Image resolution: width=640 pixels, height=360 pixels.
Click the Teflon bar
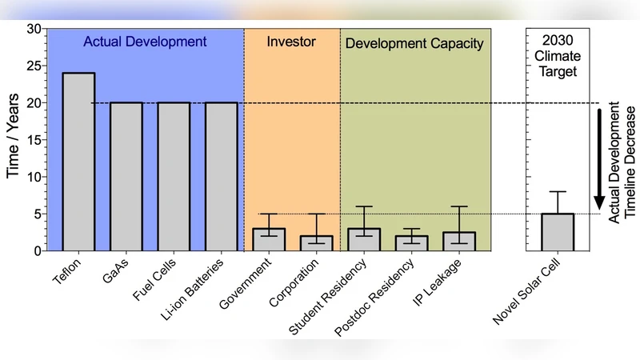click(79, 162)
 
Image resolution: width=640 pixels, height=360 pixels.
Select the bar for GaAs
click(126, 176)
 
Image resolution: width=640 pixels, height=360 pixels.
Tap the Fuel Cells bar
click(174, 176)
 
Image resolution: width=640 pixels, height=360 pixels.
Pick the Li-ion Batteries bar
click(222, 176)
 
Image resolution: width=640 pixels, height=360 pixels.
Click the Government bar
click(269, 239)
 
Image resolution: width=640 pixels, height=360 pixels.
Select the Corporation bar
click(317, 243)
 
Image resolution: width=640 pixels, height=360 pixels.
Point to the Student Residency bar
click(364, 239)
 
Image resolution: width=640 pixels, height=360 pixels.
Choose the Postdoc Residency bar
click(412, 243)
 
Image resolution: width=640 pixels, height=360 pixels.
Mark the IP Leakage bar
click(459, 242)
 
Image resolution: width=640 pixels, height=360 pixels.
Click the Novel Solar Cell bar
click(558, 232)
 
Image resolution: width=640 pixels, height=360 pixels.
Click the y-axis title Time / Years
click(13, 140)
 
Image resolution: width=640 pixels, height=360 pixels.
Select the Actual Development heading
click(144, 42)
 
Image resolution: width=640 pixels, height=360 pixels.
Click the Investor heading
click(291, 42)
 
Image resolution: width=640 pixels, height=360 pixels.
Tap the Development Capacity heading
click(414, 43)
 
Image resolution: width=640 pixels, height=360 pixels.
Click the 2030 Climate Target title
click(558, 54)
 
